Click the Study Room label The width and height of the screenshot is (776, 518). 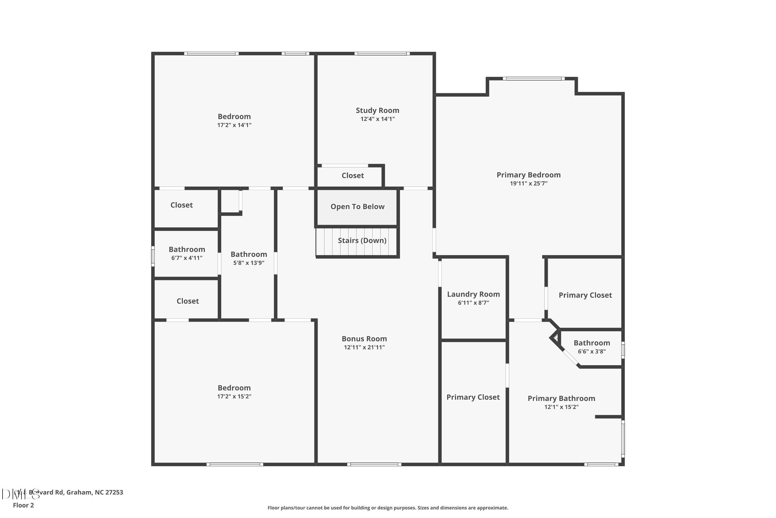point(377,110)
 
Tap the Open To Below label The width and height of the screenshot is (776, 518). point(357,206)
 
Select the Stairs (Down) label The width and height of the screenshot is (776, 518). point(362,241)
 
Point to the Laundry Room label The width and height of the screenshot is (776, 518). point(473,294)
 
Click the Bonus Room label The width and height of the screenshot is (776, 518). point(364,339)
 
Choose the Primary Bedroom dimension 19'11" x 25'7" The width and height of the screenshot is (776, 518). point(528,183)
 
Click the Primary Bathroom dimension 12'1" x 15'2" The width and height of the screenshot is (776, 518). point(561,407)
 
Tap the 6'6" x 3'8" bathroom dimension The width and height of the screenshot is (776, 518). point(592,351)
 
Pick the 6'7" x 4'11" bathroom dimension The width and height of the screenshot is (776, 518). point(187,258)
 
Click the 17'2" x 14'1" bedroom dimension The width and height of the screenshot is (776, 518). point(234,125)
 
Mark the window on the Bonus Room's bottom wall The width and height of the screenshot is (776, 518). point(374,464)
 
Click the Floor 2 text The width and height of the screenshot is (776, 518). point(23,505)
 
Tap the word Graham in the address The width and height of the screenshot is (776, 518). point(79,492)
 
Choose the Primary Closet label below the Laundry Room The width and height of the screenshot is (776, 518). point(473,397)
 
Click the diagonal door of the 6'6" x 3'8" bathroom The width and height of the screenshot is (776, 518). point(570,357)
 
